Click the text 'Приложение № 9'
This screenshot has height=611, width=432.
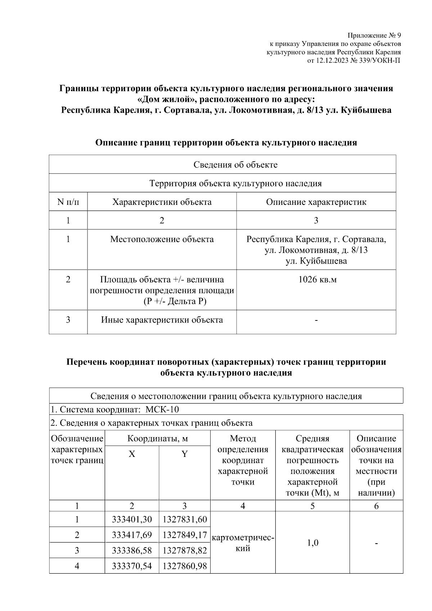tap(374, 36)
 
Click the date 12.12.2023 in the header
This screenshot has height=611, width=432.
tap(332, 60)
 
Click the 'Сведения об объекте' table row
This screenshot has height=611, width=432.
tap(235, 165)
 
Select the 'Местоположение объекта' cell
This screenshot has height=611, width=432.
tap(162, 239)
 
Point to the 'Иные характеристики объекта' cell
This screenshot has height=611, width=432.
tap(162, 320)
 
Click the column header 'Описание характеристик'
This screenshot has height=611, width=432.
tap(316, 202)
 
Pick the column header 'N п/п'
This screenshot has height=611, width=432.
tap(68, 202)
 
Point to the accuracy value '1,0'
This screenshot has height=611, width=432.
tap(312, 543)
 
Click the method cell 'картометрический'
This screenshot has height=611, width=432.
tap(243, 543)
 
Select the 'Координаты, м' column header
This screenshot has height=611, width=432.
tap(157, 439)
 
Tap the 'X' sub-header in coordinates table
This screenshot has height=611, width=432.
tap(132, 454)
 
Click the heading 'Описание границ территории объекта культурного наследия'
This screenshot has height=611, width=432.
tap(226, 143)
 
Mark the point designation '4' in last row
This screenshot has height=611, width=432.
tap(77, 566)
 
